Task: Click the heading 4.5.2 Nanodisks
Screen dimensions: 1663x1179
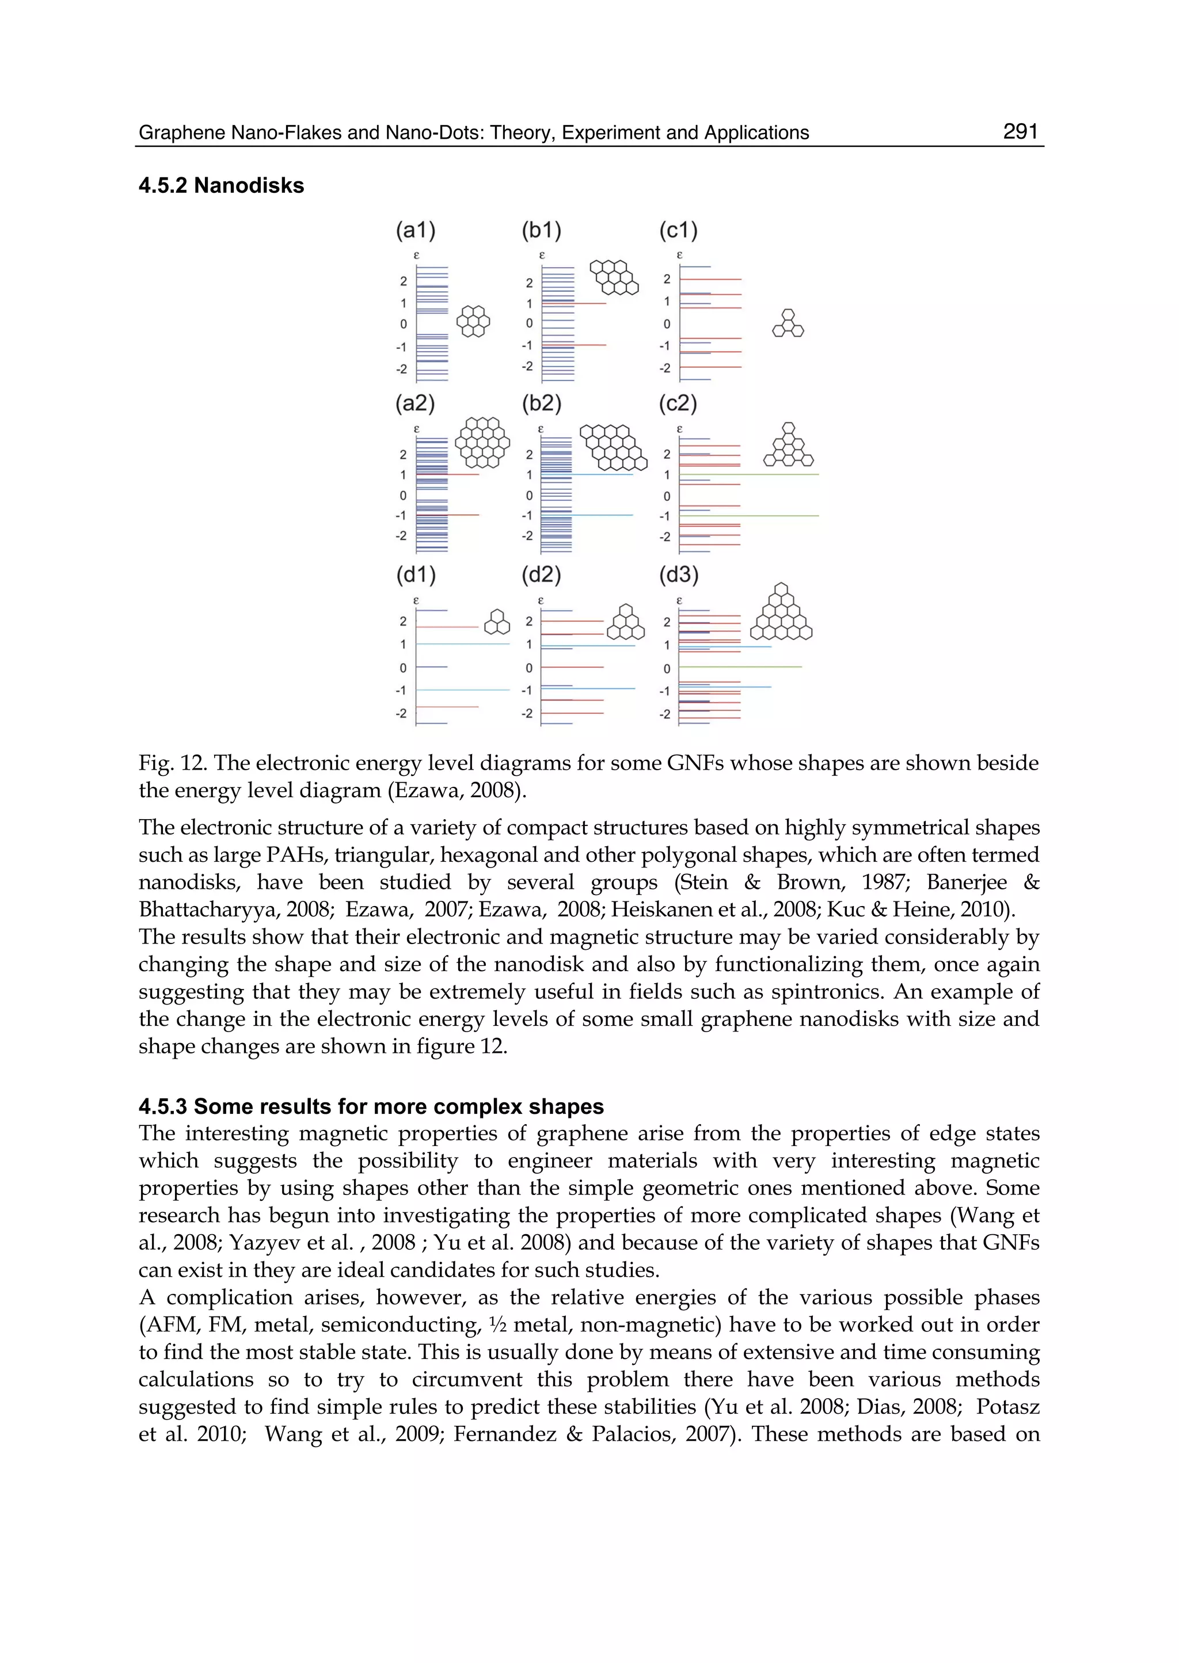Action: click(222, 186)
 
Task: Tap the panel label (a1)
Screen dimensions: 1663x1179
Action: click(415, 231)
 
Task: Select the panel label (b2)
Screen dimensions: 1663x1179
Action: click(542, 404)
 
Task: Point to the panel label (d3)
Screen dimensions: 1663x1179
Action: click(678, 575)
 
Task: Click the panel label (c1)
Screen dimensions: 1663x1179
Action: click(678, 231)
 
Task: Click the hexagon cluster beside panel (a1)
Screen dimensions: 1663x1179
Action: click(473, 321)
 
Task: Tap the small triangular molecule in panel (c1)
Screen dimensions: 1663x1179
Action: click(788, 324)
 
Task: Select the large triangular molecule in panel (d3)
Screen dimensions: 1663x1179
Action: click(781, 614)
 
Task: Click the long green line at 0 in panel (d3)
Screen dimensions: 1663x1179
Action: click(740, 667)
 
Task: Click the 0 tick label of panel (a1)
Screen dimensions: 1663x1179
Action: click(404, 325)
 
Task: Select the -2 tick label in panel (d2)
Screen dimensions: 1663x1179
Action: click(527, 714)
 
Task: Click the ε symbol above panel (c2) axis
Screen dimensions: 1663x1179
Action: click(679, 429)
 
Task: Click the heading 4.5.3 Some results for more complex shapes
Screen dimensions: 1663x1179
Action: click(371, 1106)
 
